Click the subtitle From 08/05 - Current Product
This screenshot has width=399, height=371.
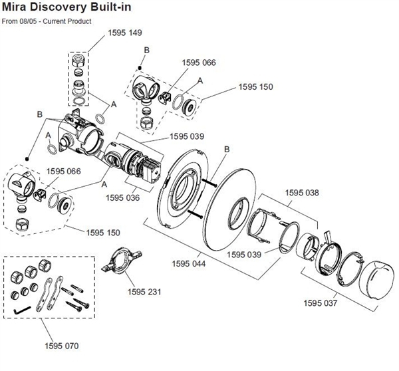click(x=47, y=21)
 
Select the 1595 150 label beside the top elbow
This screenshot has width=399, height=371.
click(x=256, y=87)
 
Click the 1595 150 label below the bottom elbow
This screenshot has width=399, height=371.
click(x=103, y=232)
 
